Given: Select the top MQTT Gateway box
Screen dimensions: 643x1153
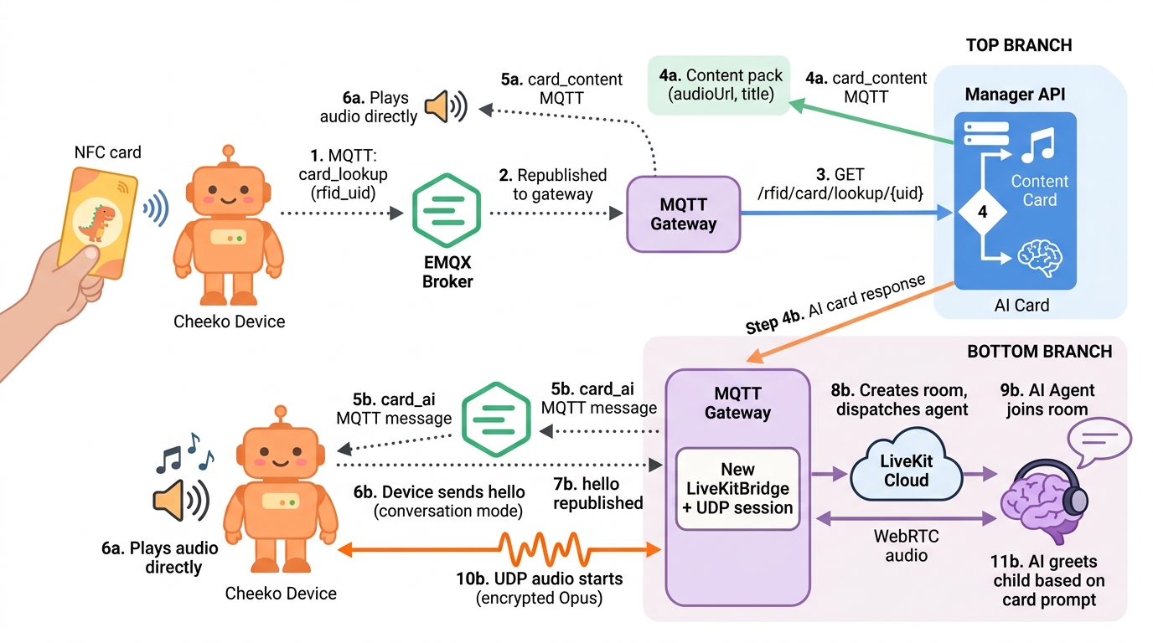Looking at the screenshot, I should point(684,213).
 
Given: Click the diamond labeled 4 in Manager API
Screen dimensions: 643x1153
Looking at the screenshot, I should point(982,213).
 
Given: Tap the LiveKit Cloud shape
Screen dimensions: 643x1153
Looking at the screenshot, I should point(906,473).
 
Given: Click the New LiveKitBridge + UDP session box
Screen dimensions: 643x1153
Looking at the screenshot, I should point(737,488).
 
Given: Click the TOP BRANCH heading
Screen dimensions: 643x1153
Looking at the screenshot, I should point(1018,45).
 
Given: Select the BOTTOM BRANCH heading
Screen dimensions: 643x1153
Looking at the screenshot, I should point(1039,352).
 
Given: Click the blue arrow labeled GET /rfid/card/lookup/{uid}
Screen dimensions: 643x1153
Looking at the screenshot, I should point(846,213).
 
